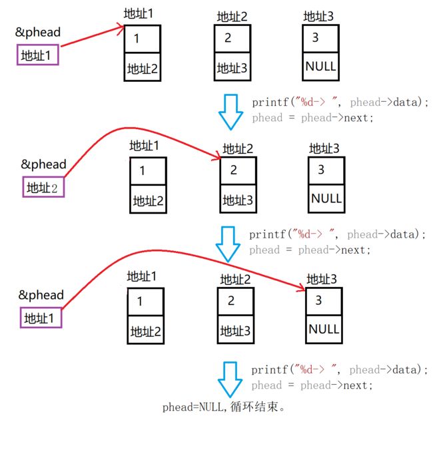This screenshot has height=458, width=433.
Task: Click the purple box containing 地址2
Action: (x=43, y=187)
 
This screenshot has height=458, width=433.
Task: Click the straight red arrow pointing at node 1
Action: (x=93, y=36)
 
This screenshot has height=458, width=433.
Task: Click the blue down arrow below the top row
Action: (x=230, y=112)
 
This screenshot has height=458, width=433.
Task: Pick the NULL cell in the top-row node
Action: (x=320, y=67)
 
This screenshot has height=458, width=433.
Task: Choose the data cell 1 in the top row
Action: (x=143, y=39)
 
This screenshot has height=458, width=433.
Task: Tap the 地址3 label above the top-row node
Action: (x=318, y=17)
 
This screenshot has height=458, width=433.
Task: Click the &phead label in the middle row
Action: (x=43, y=164)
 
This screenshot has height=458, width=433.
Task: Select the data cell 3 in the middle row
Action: (x=326, y=170)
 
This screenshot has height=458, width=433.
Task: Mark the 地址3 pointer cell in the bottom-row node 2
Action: (x=236, y=330)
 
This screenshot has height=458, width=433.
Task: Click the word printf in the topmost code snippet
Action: (x=270, y=103)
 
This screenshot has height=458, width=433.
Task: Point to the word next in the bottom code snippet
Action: (x=356, y=385)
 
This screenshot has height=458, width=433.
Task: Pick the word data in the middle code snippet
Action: (x=403, y=234)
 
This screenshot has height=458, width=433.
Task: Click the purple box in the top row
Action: (x=38, y=55)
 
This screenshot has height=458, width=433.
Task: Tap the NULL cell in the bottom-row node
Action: (x=324, y=330)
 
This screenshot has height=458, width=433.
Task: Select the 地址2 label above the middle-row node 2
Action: (x=238, y=148)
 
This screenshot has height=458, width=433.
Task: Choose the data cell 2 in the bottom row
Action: (x=236, y=302)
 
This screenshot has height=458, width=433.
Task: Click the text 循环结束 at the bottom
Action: (x=254, y=407)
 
